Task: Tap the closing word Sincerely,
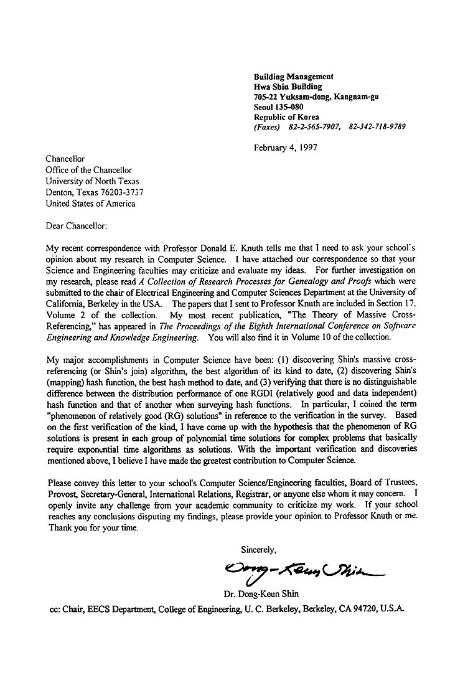(258, 549)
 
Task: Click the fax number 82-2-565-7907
(314, 127)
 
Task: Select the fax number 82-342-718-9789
(378, 127)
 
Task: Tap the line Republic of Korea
(286, 117)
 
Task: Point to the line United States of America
(90, 204)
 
